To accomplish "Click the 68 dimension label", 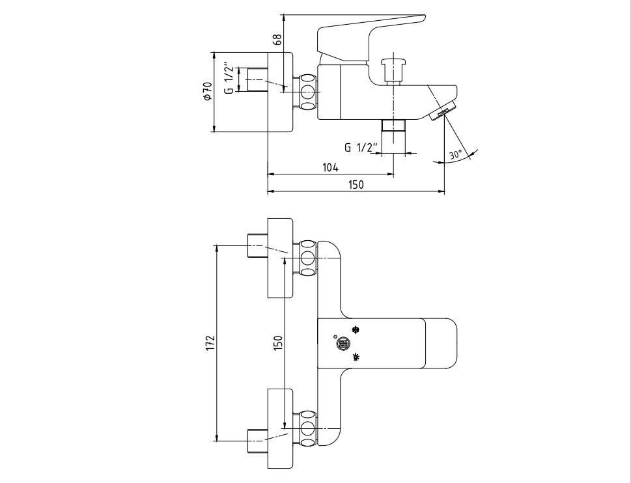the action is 277,40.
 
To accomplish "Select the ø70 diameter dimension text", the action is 208,91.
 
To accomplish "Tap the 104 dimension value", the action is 330,167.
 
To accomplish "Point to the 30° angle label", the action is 456,154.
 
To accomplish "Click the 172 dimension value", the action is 211,342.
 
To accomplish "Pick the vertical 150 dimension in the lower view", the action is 278,342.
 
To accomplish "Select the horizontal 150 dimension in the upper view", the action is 356,185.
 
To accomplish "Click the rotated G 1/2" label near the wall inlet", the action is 229,78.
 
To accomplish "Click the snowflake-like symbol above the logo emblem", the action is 356,330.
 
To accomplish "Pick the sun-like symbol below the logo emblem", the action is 356,357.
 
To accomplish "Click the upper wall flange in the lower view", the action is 281,258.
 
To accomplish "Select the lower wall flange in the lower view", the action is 281,429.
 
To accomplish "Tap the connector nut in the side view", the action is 307,92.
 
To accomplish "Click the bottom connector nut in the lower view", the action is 307,429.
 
